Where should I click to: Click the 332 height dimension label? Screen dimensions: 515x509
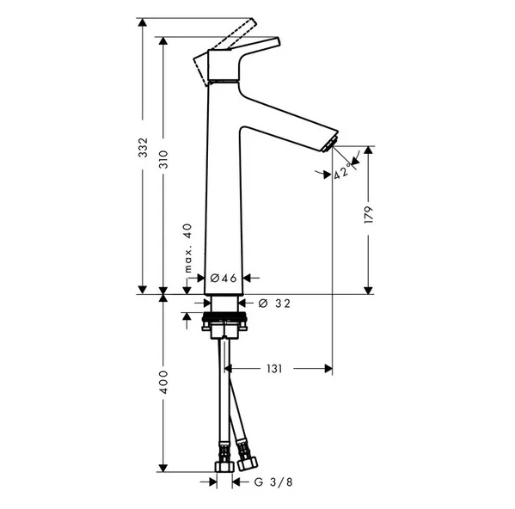point(143,147)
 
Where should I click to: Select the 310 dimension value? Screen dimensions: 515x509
point(163,159)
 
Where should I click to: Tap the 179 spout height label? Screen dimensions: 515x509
point(369,215)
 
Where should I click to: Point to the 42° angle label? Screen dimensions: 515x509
point(342,172)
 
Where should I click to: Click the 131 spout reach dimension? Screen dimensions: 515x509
point(274,369)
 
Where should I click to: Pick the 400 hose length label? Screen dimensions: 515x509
point(163,383)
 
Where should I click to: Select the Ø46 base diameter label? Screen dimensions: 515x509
point(224,278)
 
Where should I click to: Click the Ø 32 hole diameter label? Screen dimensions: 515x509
point(274,304)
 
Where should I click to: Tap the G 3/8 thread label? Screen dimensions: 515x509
point(273,482)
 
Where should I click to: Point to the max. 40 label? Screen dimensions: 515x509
point(187,248)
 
